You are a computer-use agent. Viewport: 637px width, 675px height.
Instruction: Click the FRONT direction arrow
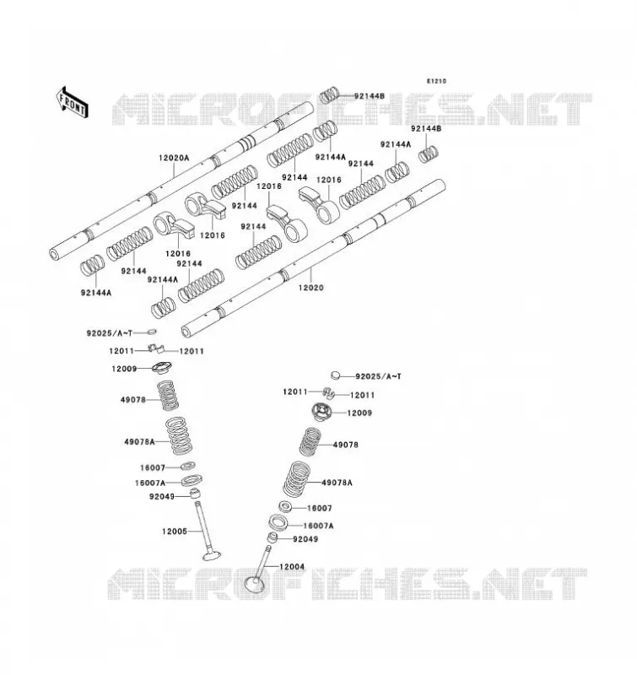[73, 102]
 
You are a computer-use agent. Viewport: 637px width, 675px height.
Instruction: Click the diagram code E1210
[436, 81]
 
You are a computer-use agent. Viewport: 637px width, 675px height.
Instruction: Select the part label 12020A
[174, 158]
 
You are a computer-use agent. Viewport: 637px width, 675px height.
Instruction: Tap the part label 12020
[310, 288]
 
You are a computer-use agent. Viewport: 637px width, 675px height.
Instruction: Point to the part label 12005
[175, 532]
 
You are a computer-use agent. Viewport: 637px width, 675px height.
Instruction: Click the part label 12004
[292, 566]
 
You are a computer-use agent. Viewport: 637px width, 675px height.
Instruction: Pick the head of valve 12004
[255, 584]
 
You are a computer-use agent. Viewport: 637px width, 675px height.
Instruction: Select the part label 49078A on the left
[139, 441]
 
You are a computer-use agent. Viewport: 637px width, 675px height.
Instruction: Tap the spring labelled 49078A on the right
[297, 478]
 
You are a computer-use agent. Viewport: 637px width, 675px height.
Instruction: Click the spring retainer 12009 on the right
[322, 412]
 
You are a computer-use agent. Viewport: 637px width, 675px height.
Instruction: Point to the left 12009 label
[124, 369]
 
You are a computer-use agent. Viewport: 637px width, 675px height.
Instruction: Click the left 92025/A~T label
[110, 333]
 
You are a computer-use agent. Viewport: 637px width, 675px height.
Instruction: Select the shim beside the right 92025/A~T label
[336, 375]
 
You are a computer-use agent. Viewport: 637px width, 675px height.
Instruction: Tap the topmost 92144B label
[370, 96]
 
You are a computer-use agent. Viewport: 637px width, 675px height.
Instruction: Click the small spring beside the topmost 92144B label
[330, 94]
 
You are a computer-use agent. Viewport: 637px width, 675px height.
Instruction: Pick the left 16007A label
[150, 483]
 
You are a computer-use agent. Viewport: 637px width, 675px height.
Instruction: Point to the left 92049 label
[162, 496]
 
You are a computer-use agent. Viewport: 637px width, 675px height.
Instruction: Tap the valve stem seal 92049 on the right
[273, 537]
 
